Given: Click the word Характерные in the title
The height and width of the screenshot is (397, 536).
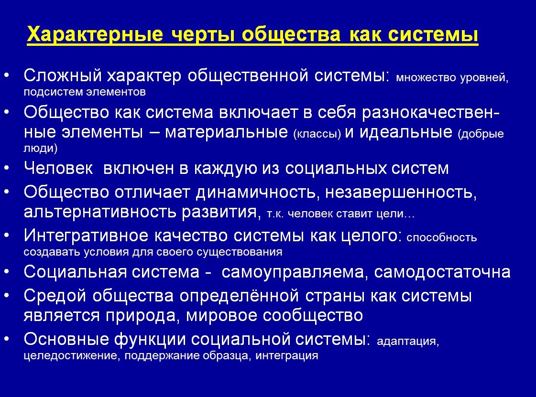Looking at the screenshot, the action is coord(95,34).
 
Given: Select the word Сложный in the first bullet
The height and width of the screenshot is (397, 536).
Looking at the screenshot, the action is coord(63,75).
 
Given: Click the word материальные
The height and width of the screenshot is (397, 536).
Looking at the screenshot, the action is coord(226,132).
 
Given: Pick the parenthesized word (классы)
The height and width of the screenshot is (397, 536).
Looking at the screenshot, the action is coord(317,134).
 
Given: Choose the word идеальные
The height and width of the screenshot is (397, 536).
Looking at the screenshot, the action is coord(406,132).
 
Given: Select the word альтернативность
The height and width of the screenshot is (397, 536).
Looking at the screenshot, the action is coord(100,212).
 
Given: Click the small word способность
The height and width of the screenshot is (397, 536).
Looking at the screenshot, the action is coord(442,237).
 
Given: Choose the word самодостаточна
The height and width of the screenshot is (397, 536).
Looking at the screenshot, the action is coord(442,272).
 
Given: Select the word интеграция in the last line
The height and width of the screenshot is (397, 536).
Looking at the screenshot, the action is coord(287,355).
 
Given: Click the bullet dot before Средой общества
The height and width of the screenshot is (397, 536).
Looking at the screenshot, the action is coord(7,296).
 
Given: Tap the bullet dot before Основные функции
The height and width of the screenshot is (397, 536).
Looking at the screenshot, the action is coord(7,339).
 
